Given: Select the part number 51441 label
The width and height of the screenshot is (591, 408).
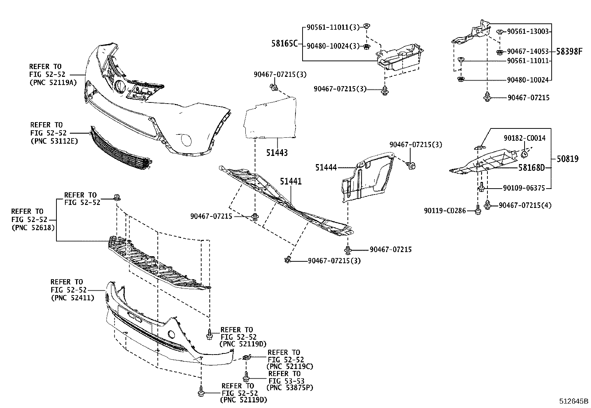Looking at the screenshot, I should (x=291, y=182).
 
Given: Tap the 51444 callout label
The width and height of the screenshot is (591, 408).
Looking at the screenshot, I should (x=326, y=168).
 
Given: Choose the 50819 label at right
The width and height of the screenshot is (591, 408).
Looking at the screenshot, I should (x=568, y=159).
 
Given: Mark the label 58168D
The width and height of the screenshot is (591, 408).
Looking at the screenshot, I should (x=531, y=168).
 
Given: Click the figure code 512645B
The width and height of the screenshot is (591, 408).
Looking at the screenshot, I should (x=574, y=401).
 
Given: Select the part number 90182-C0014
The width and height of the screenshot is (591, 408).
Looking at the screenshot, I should (x=525, y=138).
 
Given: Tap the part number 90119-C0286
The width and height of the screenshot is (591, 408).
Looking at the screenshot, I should (x=445, y=211).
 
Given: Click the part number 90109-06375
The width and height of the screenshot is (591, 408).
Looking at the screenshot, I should (x=524, y=188).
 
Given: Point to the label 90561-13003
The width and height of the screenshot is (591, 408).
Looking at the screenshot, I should (x=528, y=32).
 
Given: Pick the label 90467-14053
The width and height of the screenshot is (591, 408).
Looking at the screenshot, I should (x=528, y=52).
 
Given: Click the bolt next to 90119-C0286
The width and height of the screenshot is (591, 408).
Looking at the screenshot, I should (x=478, y=211).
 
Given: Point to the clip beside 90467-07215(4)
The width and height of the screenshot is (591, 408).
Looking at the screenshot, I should (x=488, y=205).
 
